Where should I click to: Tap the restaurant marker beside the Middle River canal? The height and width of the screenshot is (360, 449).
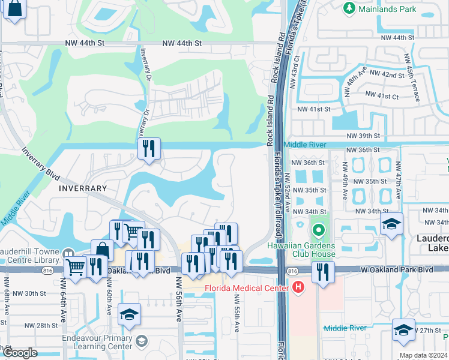[x=149, y=149]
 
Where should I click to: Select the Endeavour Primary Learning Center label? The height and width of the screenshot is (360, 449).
[x=97, y=342]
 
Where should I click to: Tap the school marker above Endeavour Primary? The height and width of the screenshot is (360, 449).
[x=129, y=315]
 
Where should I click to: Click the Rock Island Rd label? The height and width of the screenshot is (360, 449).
[x=277, y=60]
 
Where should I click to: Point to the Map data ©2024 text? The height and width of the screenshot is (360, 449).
[x=424, y=355]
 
